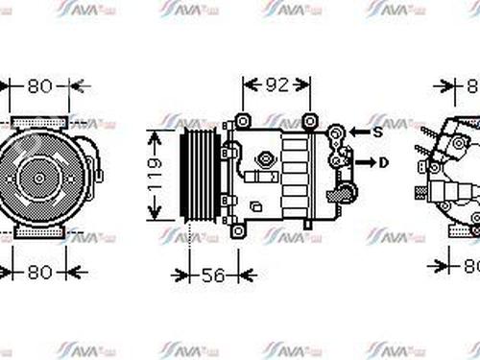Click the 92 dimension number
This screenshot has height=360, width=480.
tap(276, 85)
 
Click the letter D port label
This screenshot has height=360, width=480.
tap(384, 162)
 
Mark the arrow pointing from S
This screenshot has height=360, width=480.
tap(357, 132)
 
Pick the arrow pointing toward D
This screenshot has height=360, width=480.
tap(365, 162)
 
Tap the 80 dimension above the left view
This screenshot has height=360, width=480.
tap(38, 85)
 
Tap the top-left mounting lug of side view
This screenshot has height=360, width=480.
tap(242, 121)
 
